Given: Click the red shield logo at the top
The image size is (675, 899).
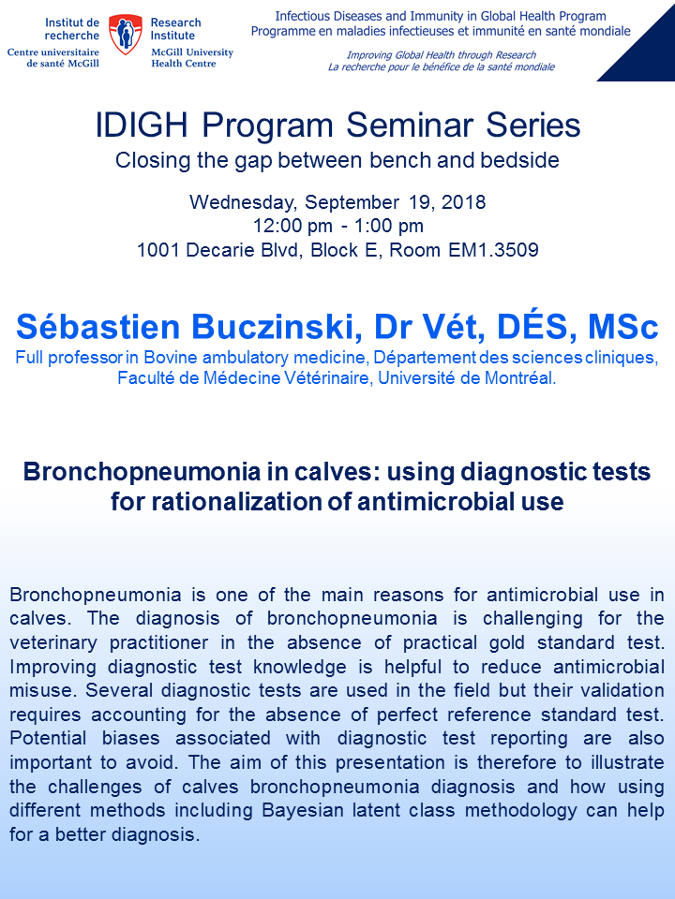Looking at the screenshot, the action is click(x=126, y=35).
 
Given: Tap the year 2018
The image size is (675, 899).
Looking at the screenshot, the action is click(x=464, y=202).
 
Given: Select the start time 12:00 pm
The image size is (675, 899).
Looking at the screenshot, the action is click(x=292, y=226).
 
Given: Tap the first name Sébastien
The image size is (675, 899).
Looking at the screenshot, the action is click(x=98, y=327).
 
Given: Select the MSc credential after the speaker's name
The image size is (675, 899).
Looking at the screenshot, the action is click(x=622, y=327).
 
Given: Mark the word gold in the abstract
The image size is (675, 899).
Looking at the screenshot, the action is click(x=507, y=642).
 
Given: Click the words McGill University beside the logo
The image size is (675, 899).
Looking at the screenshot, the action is click(x=192, y=52).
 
